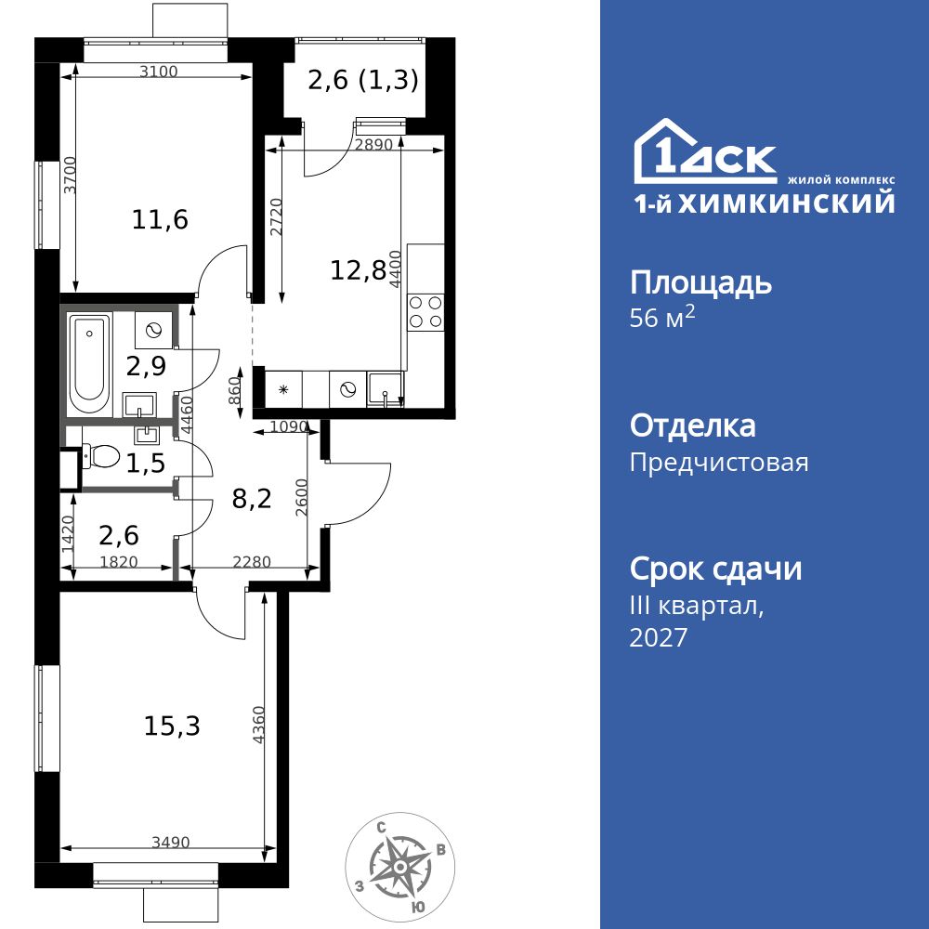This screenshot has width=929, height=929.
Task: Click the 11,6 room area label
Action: (160, 220)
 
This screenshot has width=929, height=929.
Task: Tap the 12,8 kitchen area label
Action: (358, 270)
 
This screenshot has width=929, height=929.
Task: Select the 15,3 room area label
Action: (172, 726)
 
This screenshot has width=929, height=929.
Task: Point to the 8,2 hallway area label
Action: (251, 499)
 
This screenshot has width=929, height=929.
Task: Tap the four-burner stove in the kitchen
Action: (426, 311)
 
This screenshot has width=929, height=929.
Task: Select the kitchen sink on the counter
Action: (386, 389)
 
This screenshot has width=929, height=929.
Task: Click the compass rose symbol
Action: (399, 865)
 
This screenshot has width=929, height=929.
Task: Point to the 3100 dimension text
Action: (158, 72)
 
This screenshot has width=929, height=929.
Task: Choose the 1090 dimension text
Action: (288, 427)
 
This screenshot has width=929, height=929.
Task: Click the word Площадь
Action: (700, 281)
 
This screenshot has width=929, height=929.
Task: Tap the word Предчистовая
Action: (719, 462)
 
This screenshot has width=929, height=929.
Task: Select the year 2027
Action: (659, 637)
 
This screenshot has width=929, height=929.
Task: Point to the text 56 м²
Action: (662, 318)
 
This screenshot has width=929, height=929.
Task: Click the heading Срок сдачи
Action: (715, 569)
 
